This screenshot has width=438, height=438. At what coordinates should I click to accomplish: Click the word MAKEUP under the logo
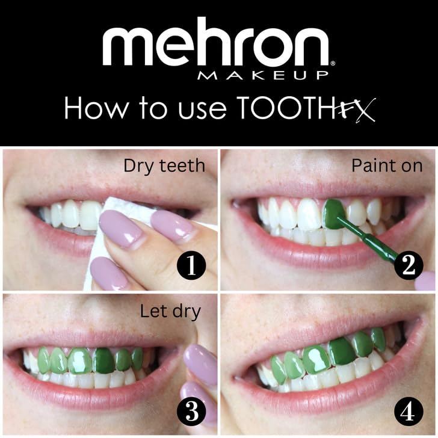[x=263, y=75]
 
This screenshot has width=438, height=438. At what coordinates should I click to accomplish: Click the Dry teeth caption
[x=164, y=165]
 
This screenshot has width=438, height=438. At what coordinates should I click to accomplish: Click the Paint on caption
[x=387, y=165]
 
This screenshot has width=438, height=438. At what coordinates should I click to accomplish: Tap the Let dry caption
[x=170, y=311]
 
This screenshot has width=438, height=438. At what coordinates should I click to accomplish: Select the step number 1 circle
[x=191, y=266]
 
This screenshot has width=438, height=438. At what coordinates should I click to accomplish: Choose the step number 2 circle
[x=409, y=266]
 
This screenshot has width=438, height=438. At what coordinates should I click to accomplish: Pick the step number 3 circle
[x=191, y=412]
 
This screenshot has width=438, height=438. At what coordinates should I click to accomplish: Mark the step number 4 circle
[x=409, y=412]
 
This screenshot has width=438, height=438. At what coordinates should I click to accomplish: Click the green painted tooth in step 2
[x=333, y=213]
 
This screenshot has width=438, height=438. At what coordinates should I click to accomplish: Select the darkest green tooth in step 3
[x=104, y=360]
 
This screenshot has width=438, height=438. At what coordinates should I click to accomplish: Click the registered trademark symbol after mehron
[x=332, y=62]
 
